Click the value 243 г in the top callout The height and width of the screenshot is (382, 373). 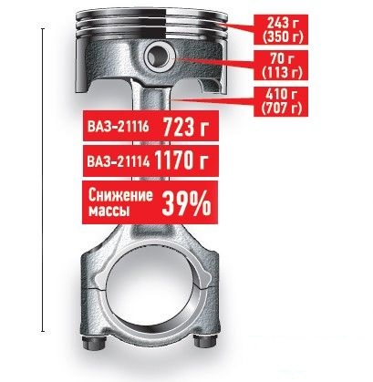281,23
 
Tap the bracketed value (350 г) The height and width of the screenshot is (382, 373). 281,36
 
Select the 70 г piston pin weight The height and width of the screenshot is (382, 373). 281,58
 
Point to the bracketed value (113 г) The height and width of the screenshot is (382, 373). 281,72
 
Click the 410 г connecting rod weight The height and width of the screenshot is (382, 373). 281,95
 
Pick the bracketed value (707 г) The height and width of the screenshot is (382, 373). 281,108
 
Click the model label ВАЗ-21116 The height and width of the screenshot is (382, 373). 119,127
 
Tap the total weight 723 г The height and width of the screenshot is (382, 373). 186,126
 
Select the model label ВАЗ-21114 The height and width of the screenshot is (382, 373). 119,162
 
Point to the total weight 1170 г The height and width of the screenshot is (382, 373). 181,160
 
